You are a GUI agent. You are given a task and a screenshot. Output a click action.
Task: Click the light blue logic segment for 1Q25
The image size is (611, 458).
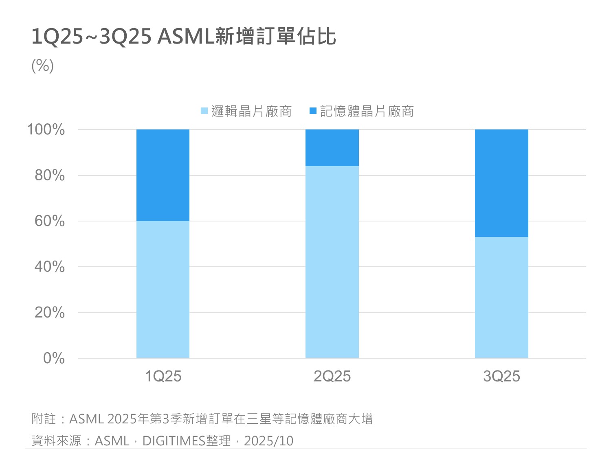coord(163,289)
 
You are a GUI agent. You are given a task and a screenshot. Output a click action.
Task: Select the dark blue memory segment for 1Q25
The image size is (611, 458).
coord(163,175)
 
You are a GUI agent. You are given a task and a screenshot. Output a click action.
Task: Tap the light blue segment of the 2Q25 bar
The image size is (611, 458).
coord(332,262)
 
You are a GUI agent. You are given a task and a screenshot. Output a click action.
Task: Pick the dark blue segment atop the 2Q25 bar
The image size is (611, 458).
coord(332,148)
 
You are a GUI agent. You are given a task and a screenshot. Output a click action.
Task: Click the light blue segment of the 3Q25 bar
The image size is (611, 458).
coord(501,297)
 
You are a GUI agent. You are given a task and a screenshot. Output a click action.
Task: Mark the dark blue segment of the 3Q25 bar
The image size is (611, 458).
coord(501,183)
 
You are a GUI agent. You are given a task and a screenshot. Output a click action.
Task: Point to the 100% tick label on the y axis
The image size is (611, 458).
coord(46,130)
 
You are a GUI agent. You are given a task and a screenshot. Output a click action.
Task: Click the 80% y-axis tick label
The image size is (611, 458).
coord(49,175)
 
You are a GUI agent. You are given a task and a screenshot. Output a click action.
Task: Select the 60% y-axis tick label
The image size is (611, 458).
coord(49,221)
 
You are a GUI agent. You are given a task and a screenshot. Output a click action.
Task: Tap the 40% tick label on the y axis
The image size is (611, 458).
coord(49,267)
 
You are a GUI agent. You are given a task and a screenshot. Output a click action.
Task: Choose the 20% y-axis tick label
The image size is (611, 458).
coord(49,313)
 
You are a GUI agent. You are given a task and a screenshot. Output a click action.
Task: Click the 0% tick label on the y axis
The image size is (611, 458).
coord(53,358)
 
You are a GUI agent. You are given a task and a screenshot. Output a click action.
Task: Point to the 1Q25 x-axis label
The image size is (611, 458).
coord(163,376)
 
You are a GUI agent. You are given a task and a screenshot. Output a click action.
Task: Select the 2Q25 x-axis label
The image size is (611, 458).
coord(332,376)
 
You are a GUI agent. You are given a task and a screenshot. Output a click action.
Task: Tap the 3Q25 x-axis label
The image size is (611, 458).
coord(501,376)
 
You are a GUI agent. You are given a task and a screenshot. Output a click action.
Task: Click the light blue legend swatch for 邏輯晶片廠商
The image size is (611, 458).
coord(204,111)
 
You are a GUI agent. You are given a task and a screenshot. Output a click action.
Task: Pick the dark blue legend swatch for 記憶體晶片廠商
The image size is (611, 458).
coord(313,111)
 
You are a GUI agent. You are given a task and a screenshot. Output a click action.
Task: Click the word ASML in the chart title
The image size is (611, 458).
coord(185,37)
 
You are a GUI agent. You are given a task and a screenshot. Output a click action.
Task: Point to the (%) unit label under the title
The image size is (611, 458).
coord(42,66)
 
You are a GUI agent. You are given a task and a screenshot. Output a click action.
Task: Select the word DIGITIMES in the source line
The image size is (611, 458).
coord(174,441)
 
